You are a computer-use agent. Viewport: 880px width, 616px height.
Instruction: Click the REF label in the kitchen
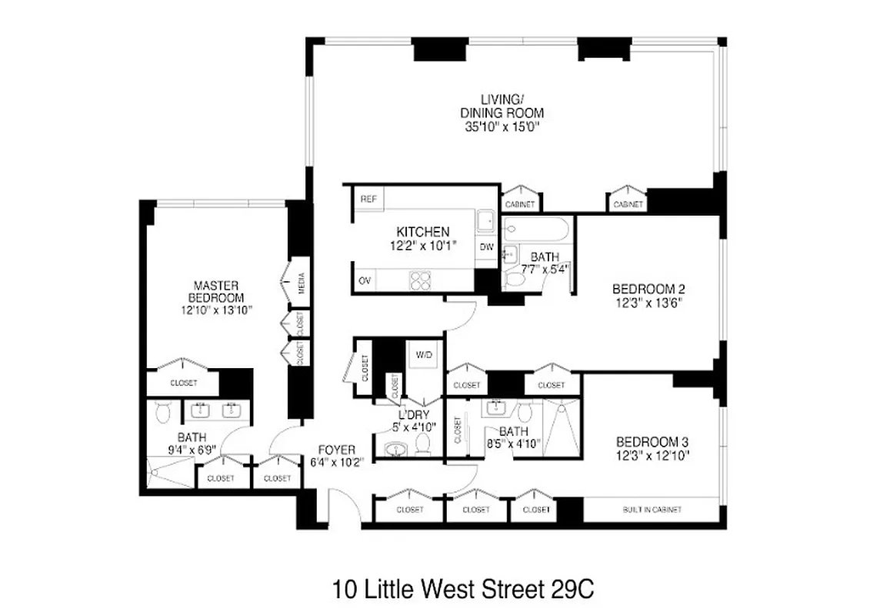click(368, 199)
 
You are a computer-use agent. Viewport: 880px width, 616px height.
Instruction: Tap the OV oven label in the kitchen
click(365, 281)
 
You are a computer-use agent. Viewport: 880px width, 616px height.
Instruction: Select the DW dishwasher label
click(486, 247)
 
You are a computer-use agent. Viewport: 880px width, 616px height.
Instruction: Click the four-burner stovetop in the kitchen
click(422, 281)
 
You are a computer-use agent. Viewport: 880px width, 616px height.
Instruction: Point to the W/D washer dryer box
click(424, 355)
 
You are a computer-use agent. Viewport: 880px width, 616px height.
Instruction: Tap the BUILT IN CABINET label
click(652, 510)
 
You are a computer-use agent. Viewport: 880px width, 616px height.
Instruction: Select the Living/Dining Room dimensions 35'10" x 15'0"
click(502, 128)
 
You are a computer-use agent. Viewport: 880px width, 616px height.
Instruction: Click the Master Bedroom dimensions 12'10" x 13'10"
click(217, 310)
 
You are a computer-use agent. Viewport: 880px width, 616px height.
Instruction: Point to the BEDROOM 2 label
click(648, 289)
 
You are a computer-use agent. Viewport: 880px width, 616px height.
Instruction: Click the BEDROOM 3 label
click(652, 442)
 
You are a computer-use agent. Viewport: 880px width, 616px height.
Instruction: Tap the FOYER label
click(337, 450)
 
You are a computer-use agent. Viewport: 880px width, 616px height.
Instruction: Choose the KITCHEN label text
click(422, 232)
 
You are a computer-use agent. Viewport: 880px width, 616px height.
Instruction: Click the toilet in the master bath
click(162, 413)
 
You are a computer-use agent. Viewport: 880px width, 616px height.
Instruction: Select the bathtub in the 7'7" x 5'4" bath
click(536, 228)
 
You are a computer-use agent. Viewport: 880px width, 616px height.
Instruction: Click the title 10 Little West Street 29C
click(464, 590)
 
